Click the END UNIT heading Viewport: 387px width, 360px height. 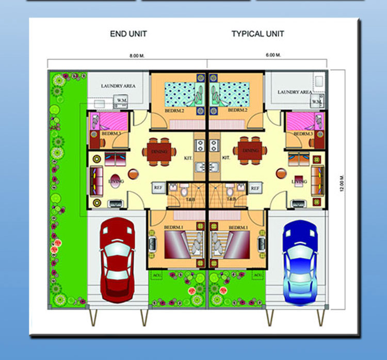pos(128,34)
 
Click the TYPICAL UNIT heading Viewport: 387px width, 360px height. pos(257,34)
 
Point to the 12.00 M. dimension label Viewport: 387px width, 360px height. pos(342,184)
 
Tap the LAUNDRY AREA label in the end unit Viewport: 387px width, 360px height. pos(118,86)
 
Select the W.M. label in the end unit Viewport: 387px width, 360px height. pos(122,100)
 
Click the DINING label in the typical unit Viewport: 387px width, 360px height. pos(251,151)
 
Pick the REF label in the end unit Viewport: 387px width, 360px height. pos(158,188)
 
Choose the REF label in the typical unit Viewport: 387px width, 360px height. pos(254,188)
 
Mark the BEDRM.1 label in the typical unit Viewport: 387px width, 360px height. pos(238,227)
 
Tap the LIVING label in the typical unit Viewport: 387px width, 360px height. pos(299,182)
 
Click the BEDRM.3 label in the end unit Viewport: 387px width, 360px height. pos(111,134)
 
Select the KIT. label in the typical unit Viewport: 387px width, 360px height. pos(225,158)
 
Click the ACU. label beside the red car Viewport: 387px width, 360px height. pos(156,275)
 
